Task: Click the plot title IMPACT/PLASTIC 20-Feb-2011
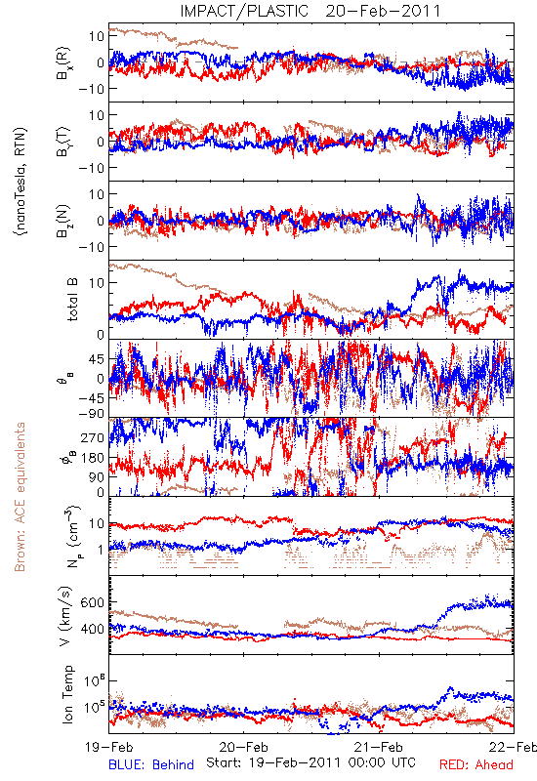[310, 11]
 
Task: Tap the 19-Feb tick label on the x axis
[109, 747]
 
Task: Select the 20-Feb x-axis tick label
[243, 747]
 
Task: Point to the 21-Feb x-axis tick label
[379, 747]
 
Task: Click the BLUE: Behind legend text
[151, 764]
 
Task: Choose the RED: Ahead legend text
[476, 764]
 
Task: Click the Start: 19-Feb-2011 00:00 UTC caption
[310, 762]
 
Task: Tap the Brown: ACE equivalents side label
[20, 497]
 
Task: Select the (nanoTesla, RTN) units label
[21, 182]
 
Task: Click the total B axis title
[72, 300]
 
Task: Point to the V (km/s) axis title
[66, 616]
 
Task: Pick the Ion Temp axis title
[67, 694]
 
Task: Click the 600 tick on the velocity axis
[92, 602]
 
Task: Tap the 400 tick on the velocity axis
[92, 629]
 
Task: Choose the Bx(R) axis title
[63, 63]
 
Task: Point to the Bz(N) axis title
[63, 222]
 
